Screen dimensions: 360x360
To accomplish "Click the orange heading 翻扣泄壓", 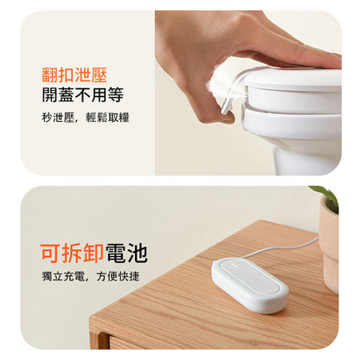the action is click(x=74, y=75).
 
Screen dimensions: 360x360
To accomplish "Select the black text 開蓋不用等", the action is click(x=83, y=94).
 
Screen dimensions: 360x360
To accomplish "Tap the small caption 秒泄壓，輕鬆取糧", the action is click(x=86, y=118).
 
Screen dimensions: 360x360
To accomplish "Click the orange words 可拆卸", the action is click(x=72, y=253).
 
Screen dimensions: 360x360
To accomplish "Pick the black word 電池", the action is click(x=126, y=253).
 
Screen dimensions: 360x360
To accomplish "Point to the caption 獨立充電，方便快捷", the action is click(x=91, y=276).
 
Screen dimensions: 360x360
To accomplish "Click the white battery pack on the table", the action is click(x=250, y=285).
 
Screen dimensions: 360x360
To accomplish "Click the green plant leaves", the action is click(x=326, y=196).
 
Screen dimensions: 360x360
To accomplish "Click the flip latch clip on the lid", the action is click(x=231, y=93).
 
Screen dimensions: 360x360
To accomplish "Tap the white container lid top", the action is click(x=292, y=78).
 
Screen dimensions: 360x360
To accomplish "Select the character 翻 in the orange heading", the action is click(x=50, y=75).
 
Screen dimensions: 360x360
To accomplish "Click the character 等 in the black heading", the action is click(x=116, y=94).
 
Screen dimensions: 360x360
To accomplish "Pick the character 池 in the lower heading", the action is click(x=138, y=253).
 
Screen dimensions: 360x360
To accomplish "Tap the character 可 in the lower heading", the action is click(x=51, y=253).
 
